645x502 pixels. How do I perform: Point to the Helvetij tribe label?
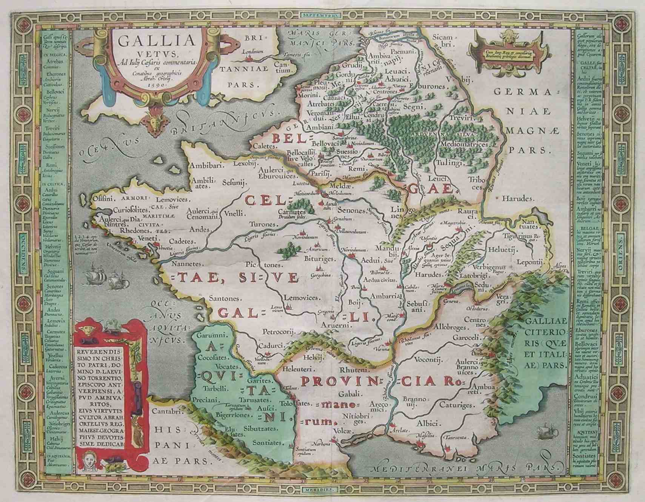pyautogui.click(x=502, y=249)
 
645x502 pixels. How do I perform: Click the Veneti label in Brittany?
pyautogui.click(x=146, y=238)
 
